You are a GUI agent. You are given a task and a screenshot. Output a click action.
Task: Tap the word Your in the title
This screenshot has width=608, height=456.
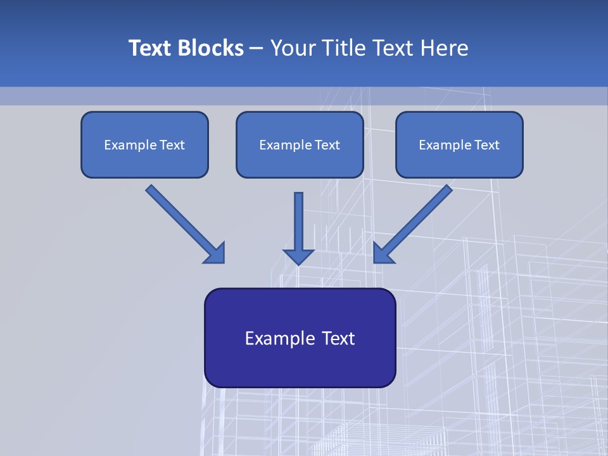pyautogui.click(x=292, y=48)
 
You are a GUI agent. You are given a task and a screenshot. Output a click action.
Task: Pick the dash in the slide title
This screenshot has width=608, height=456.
pyautogui.click(x=256, y=48)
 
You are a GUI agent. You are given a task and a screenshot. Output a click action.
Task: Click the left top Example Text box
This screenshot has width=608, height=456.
pyautogui.click(x=144, y=144)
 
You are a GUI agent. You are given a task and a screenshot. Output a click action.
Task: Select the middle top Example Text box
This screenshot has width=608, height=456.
pyautogui.click(x=300, y=144)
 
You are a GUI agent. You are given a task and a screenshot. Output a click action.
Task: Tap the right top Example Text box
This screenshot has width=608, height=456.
pyautogui.click(x=459, y=144)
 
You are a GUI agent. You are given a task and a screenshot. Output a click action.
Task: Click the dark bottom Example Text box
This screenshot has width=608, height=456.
pyautogui.click(x=300, y=338)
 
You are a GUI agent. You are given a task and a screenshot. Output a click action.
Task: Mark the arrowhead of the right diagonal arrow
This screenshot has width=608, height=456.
pyautogui.click(x=383, y=253)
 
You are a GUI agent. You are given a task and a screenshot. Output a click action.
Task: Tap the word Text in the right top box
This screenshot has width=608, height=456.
pyautogui.click(x=486, y=145)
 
